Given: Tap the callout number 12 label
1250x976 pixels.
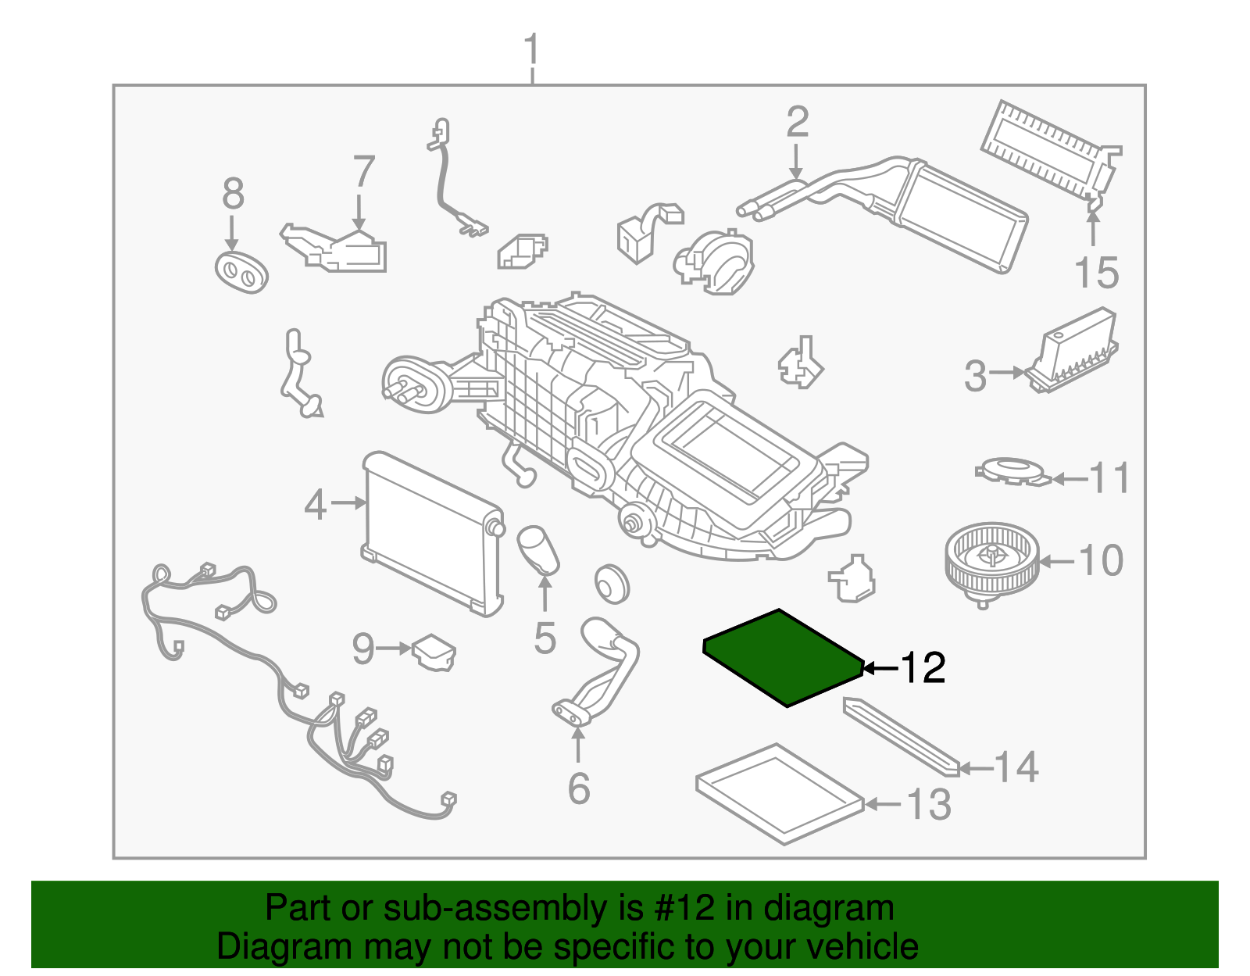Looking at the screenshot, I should point(923,667).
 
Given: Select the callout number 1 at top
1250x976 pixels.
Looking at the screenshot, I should point(531,50).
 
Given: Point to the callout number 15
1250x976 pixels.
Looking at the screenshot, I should point(1096,273).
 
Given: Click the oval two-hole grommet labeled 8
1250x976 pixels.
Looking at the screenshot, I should point(241,272).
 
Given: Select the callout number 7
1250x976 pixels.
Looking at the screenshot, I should point(364,172).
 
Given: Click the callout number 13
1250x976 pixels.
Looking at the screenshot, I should point(928,804).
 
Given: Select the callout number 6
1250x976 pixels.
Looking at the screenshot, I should point(578,788).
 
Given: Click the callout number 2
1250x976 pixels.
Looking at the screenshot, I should point(797,123).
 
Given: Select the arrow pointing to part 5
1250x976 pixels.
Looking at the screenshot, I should point(545,593).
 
